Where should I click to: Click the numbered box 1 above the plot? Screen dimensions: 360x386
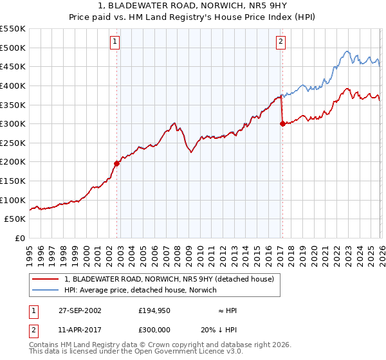[115, 42]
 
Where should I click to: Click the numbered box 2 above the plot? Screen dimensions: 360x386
[281, 42]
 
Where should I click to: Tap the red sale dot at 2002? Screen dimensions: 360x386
[117, 163]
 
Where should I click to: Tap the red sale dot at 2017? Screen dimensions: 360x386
[282, 124]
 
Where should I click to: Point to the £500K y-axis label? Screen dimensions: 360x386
[13, 48]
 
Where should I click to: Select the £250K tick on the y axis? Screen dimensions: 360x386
[13, 143]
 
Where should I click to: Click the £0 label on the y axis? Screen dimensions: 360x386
[19, 238]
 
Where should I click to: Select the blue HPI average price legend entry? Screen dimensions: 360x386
[140, 290]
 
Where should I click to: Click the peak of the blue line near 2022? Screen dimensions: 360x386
[346, 51]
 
